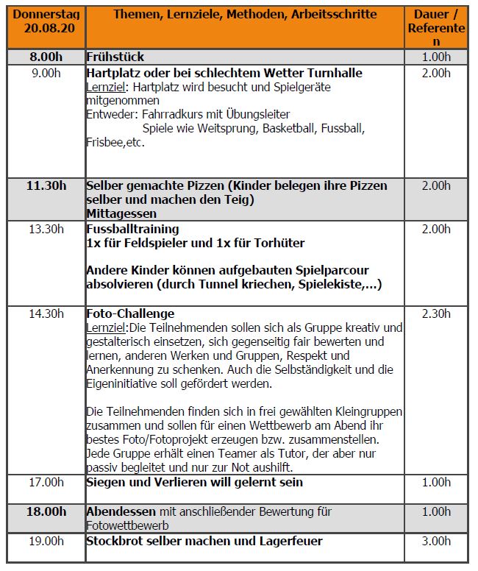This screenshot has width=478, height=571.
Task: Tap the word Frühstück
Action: click(x=115, y=57)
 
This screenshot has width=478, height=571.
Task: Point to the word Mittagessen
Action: click(x=121, y=213)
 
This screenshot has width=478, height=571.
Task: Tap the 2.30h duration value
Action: click(x=437, y=313)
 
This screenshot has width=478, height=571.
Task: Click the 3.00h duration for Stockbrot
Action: click(x=437, y=541)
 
